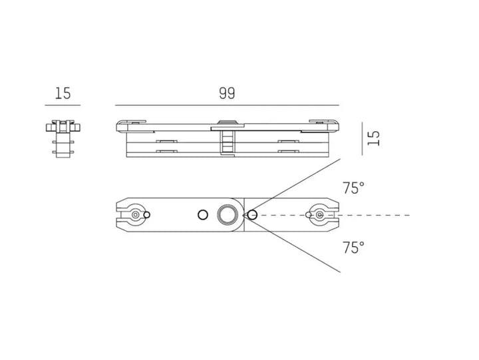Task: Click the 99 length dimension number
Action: point(227,94)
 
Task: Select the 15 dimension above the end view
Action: point(63,94)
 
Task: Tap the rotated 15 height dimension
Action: point(374,138)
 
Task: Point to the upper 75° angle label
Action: point(353,188)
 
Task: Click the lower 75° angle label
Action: point(353,248)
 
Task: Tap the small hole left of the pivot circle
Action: point(202,215)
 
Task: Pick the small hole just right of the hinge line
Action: point(253,215)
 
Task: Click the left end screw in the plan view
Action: point(136,215)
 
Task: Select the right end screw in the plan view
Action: point(320,215)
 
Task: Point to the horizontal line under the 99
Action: point(227,105)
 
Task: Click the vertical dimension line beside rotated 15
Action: point(363,138)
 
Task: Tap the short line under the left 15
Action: point(63,105)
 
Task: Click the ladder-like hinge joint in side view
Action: point(227,141)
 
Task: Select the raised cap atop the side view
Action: point(227,122)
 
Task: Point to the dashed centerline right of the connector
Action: point(379,215)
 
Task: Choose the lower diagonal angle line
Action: point(299,246)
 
